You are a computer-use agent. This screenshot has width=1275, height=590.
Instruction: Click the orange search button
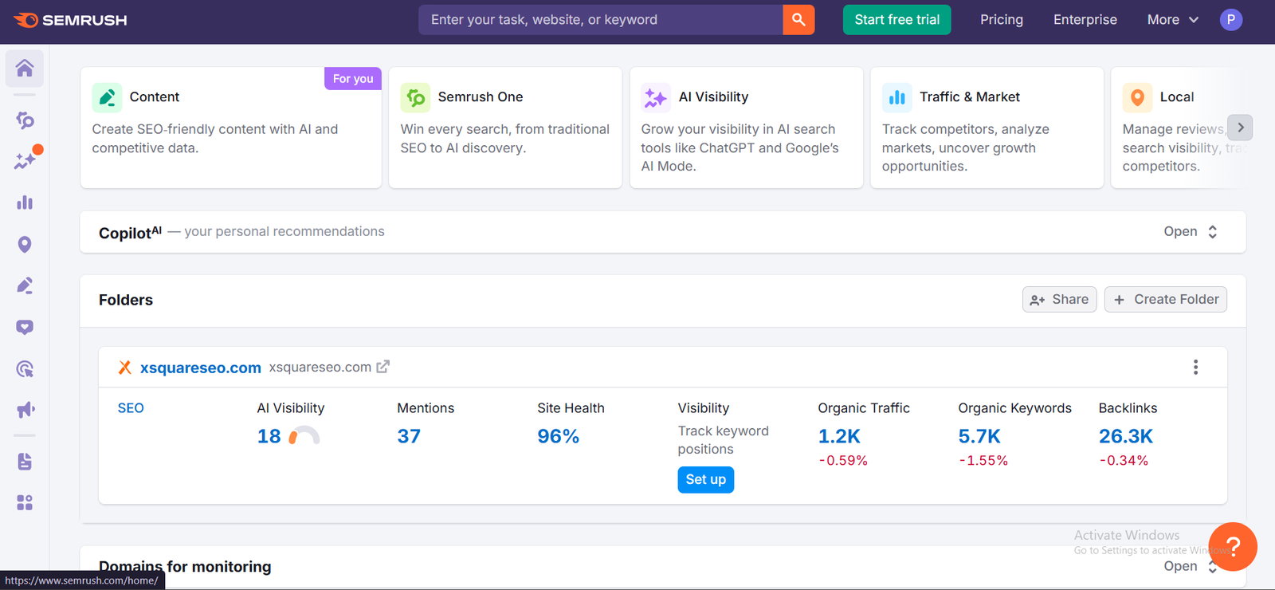click(798, 20)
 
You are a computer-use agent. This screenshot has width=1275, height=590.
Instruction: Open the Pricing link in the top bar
click(1001, 20)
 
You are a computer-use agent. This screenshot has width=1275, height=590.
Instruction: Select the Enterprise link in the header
click(1085, 20)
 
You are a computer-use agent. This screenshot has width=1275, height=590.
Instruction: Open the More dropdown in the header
click(1172, 20)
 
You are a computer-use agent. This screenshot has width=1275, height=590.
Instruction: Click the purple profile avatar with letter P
click(1231, 20)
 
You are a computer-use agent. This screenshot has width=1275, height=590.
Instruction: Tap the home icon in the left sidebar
click(25, 69)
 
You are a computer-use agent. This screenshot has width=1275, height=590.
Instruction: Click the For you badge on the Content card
click(353, 78)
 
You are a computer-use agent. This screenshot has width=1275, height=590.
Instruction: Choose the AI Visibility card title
click(713, 96)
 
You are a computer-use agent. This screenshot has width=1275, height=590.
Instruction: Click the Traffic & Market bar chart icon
click(897, 97)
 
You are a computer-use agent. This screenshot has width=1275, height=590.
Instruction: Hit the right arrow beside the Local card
click(1240, 128)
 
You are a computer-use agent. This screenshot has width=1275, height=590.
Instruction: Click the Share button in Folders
click(1059, 300)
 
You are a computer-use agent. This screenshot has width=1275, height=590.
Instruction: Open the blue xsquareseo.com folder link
click(201, 368)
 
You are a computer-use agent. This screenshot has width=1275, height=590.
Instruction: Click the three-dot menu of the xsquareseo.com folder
click(1195, 367)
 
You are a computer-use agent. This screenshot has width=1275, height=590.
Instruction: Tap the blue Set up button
click(705, 479)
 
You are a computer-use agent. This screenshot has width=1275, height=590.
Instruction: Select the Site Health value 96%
click(558, 436)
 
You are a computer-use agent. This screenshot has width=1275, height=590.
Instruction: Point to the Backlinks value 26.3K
click(1125, 436)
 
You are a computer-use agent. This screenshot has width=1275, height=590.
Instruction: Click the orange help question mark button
click(1232, 547)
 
